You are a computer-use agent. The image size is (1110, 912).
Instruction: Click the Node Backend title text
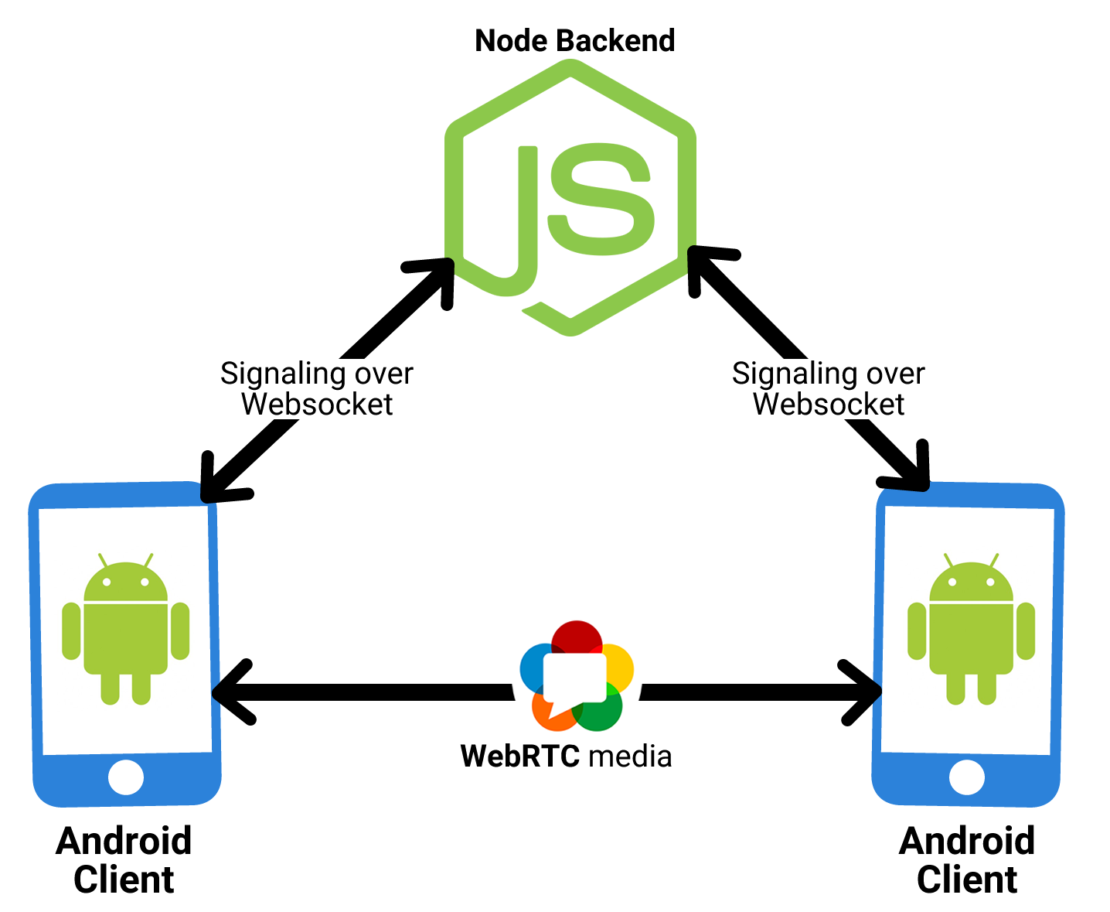574,40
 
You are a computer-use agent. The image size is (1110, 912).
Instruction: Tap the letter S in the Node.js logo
601,199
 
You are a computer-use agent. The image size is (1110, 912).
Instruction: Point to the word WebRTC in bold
520,756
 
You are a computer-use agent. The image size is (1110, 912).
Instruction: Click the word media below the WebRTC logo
630,757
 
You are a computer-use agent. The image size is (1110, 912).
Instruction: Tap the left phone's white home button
126,777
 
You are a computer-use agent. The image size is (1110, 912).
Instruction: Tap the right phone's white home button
967,777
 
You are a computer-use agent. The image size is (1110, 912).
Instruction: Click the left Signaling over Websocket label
316,389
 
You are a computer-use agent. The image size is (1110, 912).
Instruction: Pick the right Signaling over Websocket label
828,389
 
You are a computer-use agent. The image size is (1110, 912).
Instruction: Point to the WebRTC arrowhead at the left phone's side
232,692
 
